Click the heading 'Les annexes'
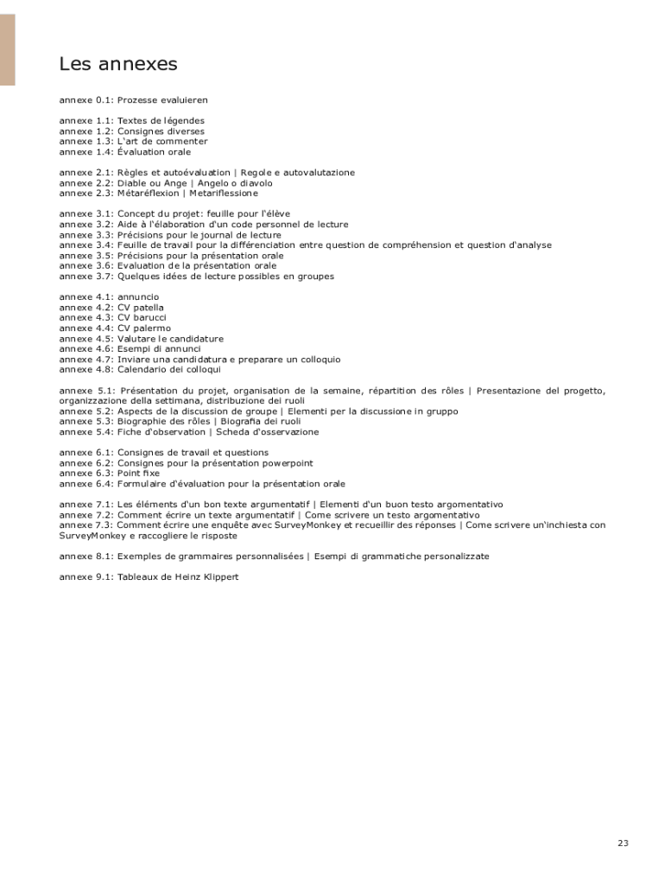(118, 64)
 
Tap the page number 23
(623, 843)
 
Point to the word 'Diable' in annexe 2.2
(132, 183)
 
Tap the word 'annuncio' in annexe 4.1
(138, 297)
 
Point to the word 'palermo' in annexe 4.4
(152, 328)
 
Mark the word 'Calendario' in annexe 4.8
(142, 370)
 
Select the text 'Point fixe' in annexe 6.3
(138, 474)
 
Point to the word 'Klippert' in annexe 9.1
(219, 577)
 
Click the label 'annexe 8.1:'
(85, 557)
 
